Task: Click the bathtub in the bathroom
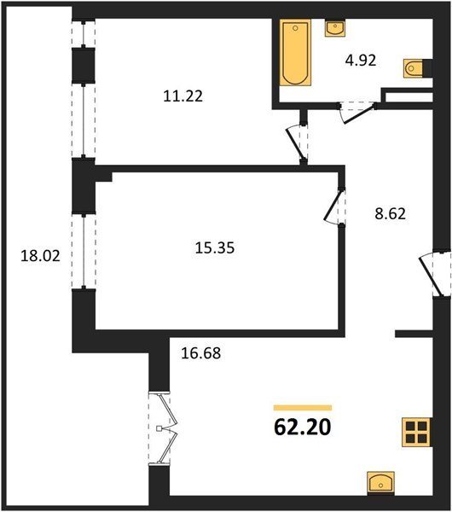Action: coord(295,52)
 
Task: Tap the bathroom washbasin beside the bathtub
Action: coord(335,27)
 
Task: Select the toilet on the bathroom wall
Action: coord(415,68)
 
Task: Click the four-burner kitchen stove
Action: coord(417,432)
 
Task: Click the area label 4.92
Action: coord(361,61)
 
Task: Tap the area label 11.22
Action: coord(183,96)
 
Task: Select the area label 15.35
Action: coord(215,247)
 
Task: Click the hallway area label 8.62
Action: coord(390,214)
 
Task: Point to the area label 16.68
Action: coord(200,353)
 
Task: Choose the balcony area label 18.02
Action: coord(40,256)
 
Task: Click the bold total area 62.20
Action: coord(303,428)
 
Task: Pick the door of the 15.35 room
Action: coord(334,206)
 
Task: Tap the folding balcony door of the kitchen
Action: coord(162,428)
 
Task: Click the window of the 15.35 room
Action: coord(84,252)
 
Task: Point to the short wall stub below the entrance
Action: coord(414,334)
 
